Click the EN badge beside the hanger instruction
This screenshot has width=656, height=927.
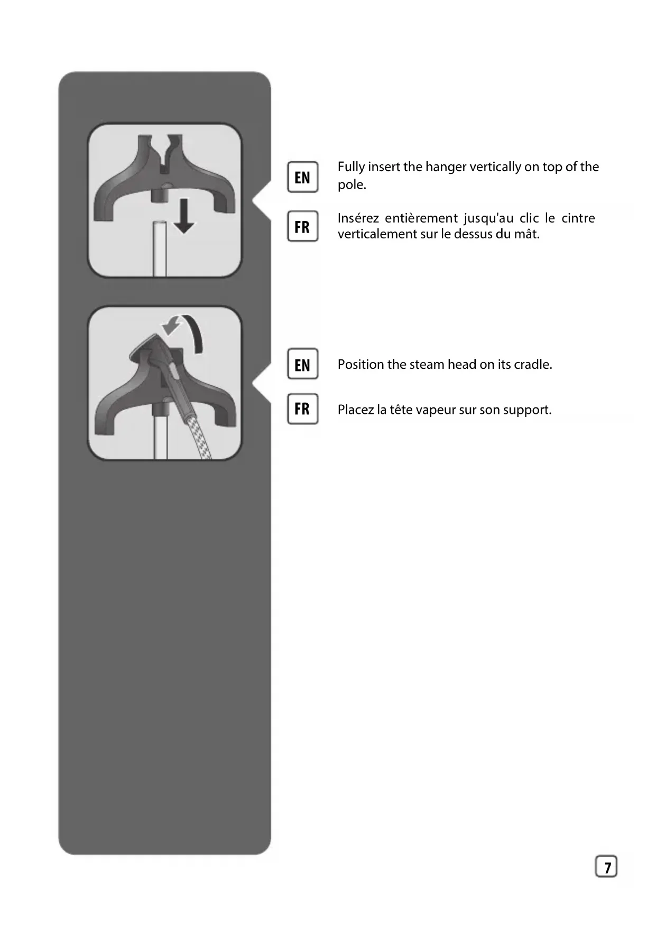[302, 177]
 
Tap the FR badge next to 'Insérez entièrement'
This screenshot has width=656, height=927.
[302, 226]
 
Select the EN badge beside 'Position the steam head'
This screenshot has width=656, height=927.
[302, 364]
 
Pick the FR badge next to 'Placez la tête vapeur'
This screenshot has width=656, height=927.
[302, 409]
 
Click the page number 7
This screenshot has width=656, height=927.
[606, 867]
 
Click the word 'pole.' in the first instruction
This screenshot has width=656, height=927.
[352, 185]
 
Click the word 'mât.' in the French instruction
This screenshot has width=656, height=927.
[526, 234]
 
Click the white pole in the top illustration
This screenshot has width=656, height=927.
[159, 248]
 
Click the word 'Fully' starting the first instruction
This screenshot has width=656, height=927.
[351, 167]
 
